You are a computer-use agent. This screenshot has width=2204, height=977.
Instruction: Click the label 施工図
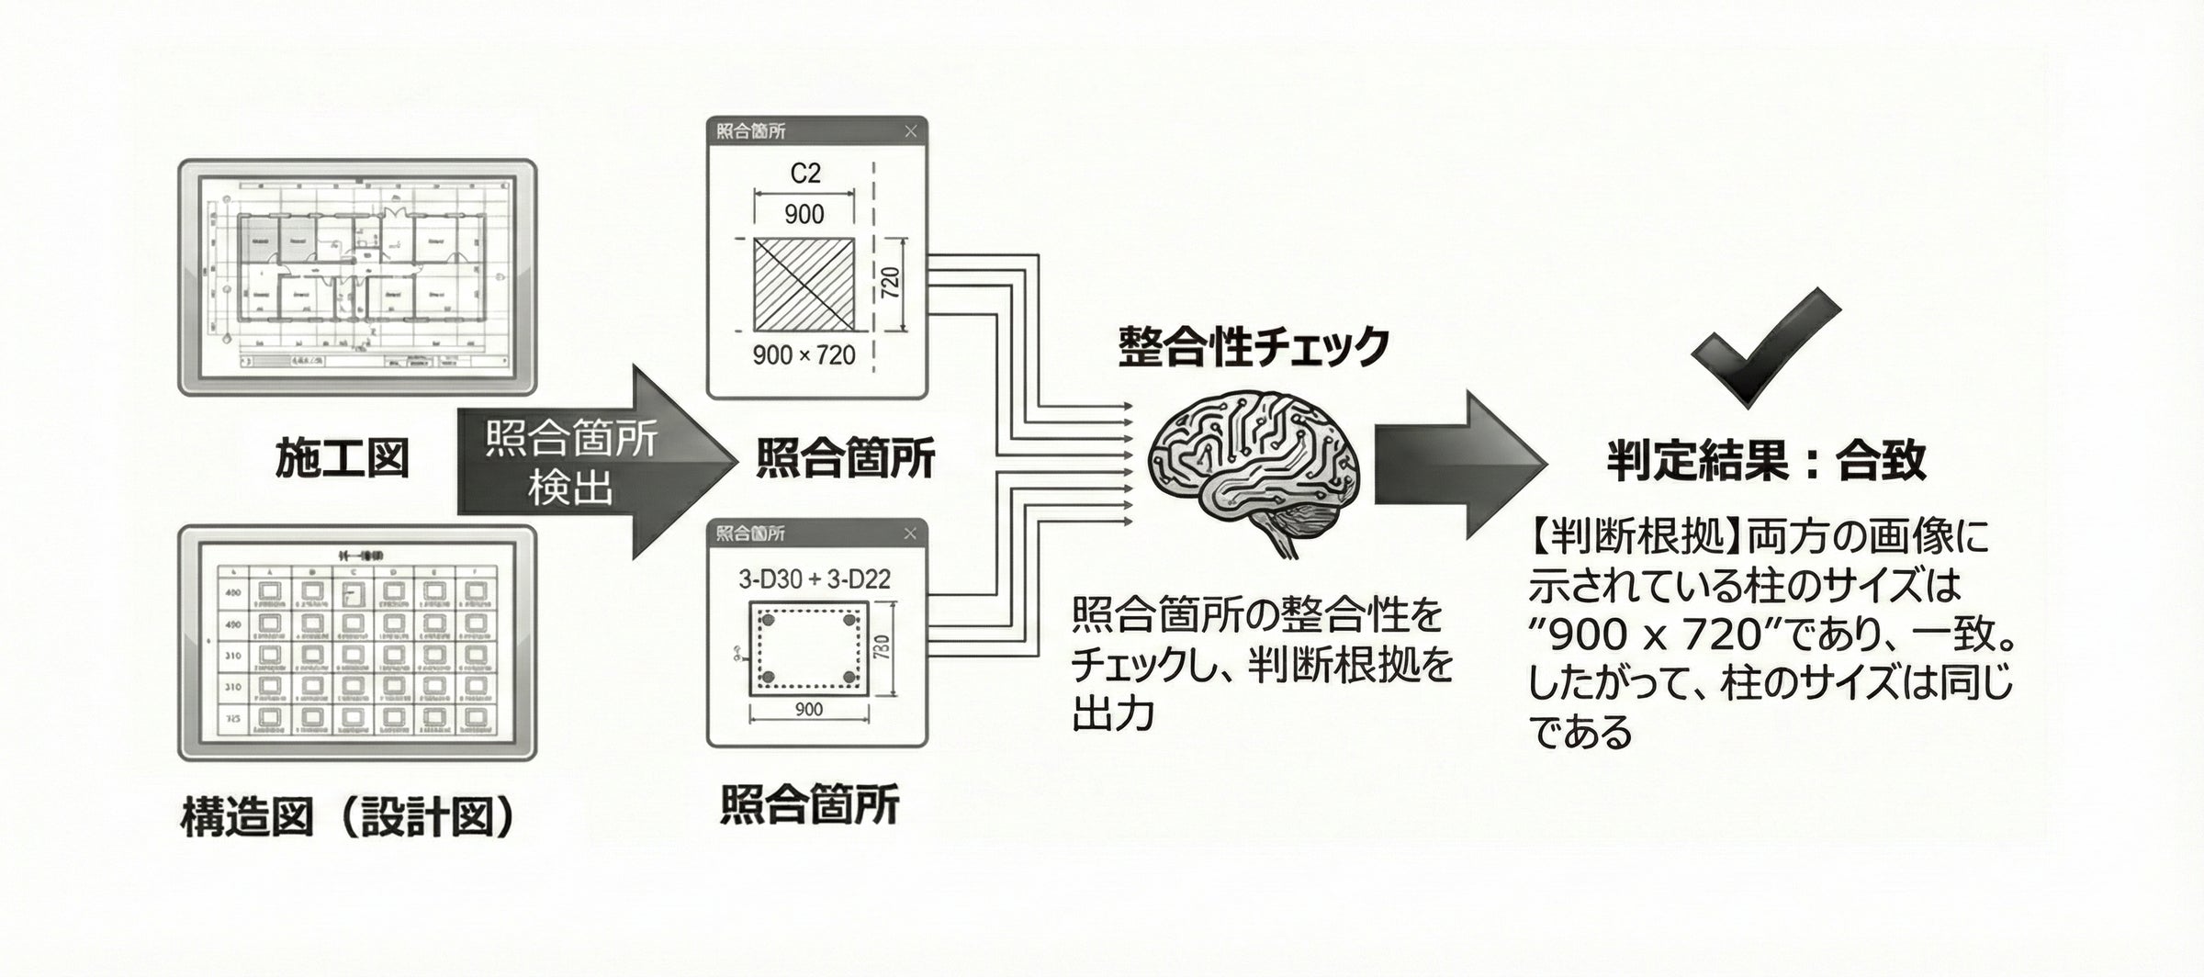(x=342, y=458)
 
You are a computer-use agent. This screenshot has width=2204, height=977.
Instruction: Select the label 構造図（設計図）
(x=347, y=816)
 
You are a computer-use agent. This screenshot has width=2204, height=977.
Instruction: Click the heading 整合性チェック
(x=1253, y=347)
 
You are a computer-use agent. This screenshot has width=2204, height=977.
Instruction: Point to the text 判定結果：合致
(x=1765, y=460)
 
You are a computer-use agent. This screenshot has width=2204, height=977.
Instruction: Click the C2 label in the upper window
(x=804, y=173)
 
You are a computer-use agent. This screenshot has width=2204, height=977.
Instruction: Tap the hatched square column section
(x=804, y=285)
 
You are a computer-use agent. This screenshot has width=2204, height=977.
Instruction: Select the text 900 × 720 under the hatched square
(x=804, y=355)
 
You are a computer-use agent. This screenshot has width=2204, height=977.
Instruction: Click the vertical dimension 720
(x=890, y=283)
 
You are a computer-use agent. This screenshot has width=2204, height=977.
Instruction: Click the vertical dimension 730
(x=883, y=647)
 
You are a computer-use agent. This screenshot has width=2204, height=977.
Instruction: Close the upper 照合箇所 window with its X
(x=910, y=131)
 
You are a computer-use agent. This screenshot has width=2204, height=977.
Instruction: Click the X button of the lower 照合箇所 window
(x=909, y=533)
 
